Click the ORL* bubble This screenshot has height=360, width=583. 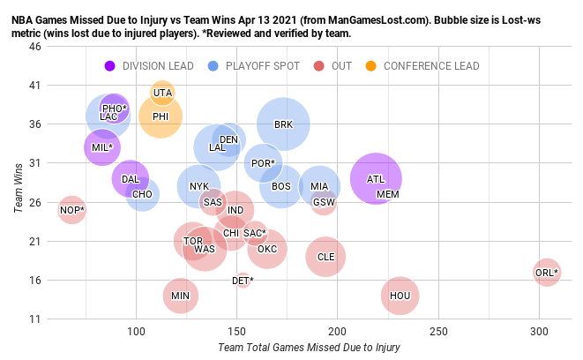tap(547, 272)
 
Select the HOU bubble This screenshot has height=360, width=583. tap(400, 296)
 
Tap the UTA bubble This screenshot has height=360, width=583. tap(162, 93)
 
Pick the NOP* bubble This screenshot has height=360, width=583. tap(72, 210)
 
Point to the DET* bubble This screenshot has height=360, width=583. tap(243, 281)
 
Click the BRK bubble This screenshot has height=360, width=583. tap(283, 124)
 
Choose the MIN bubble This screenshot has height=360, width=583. tap(180, 296)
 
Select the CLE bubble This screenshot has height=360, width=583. tap(325, 257)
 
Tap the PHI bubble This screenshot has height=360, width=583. tap(161, 116)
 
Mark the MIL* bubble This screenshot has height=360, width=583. tap(102, 147)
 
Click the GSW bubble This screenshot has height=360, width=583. tap(324, 202)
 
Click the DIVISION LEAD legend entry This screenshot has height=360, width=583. tap(153, 66)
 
